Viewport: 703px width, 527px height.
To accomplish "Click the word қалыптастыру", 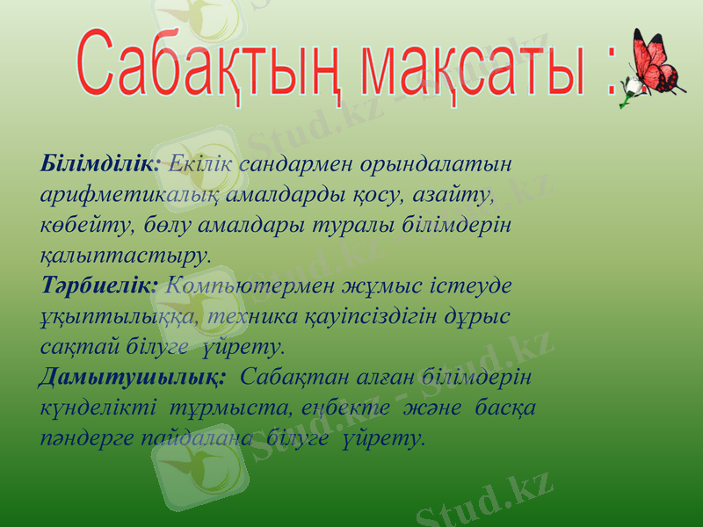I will (125, 256).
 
